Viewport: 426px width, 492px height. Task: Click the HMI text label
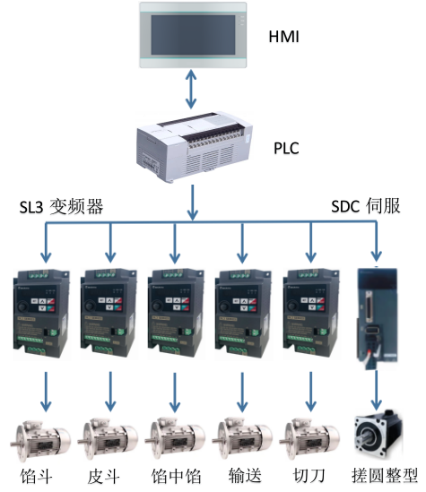(283, 37)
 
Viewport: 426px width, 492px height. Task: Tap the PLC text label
(286, 148)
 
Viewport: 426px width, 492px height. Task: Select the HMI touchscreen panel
(193, 35)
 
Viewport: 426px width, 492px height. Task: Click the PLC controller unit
(195, 147)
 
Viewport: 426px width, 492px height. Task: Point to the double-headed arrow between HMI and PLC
(191, 89)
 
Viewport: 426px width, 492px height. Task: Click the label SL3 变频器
(61, 207)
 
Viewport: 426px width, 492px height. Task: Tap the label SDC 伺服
(366, 206)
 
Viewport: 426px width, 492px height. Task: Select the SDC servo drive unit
(377, 317)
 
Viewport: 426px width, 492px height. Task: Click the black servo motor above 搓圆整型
(378, 434)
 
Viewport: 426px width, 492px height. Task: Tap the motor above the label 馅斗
(40, 438)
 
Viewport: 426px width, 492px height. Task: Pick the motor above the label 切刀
(309, 438)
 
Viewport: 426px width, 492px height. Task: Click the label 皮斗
(103, 476)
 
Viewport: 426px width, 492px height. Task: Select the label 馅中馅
(176, 476)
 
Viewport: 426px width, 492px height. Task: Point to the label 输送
(245, 476)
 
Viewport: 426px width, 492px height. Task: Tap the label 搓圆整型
(385, 476)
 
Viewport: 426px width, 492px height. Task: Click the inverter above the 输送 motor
(243, 314)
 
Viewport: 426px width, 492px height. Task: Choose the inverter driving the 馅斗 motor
(41, 314)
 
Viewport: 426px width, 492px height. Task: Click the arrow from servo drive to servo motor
(376, 391)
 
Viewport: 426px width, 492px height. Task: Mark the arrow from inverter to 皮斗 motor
(110, 392)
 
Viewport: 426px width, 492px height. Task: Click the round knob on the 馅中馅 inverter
(156, 306)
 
